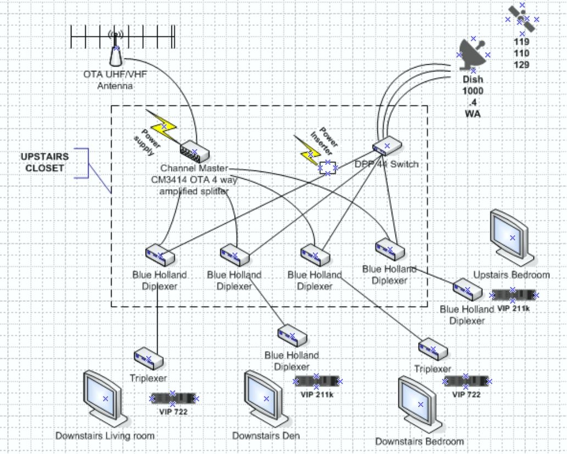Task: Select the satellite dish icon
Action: pyautogui.click(x=474, y=55)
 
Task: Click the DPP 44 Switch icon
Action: pyautogui.click(x=387, y=146)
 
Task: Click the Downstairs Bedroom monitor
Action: pyautogui.click(x=420, y=404)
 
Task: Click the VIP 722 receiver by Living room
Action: pyautogui.click(x=174, y=398)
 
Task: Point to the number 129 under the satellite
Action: pyautogui.click(x=522, y=65)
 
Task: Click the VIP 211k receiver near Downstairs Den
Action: pyautogui.click(x=316, y=381)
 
